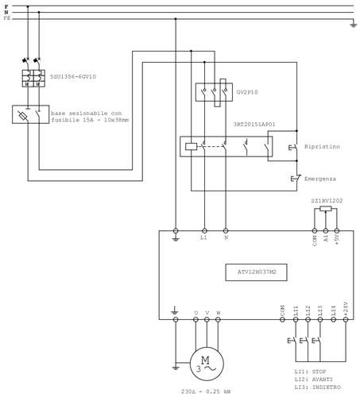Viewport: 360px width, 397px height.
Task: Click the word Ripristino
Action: pyautogui.click(x=323, y=147)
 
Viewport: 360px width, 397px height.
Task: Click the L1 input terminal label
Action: pyautogui.click(x=204, y=237)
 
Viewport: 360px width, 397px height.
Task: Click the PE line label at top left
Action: pyautogui.click(x=6, y=19)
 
